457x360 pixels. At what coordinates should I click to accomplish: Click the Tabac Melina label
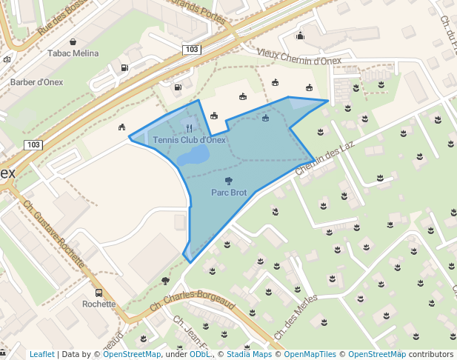tap(73, 53)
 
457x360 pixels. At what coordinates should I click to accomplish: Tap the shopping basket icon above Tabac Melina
tap(73, 41)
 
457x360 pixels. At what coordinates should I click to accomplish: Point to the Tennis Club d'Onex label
tap(189, 139)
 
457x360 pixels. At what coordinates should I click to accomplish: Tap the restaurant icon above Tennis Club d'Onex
tap(190, 128)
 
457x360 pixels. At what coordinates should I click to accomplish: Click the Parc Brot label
tap(229, 193)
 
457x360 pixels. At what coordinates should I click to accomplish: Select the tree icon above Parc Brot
tap(228, 180)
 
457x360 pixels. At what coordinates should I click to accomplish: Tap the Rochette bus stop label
tap(99, 304)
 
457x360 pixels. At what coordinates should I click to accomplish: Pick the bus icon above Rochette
tap(99, 293)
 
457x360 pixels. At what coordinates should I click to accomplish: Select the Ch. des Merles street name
tap(296, 317)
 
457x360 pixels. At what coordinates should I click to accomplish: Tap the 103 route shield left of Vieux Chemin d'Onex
tap(191, 49)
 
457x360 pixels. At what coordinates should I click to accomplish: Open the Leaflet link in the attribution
tap(42, 354)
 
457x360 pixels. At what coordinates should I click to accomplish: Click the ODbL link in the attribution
tap(200, 354)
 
